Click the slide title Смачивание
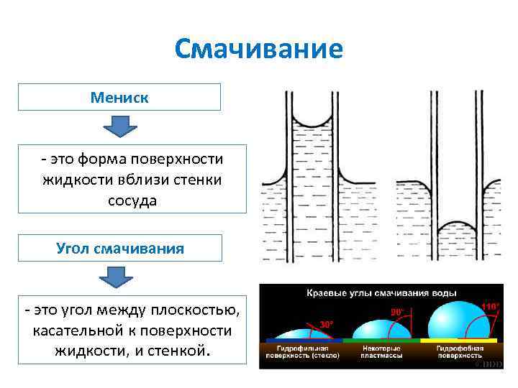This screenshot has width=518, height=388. (259, 50)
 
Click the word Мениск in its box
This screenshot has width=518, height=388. (119, 97)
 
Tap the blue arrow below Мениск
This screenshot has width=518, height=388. (119, 126)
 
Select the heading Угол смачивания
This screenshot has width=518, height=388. (120, 249)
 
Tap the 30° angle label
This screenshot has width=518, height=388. (326, 324)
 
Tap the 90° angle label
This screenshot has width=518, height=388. (396, 312)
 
